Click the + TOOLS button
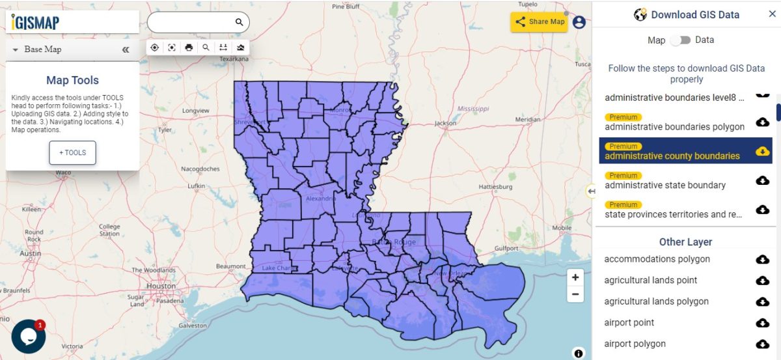click(x=72, y=153)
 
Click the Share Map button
click(x=540, y=21)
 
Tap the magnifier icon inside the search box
click(x=239, y=22)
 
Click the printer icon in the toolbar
click(x=189, y=48)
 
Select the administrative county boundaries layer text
click(x=672, y=156)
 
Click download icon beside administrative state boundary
click(x=762, y=180)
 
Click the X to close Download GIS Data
click(x=772, y=14)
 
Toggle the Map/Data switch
click(x=680, y=40)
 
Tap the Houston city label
click(x=161, y=286)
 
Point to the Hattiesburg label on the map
click(x=496, y=186)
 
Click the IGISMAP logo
click(x=36, y=23)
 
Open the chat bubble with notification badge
click(x=28, y=337)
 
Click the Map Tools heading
click(x=72, y=81)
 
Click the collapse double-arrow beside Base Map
click(x=126, y=49)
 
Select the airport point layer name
click(x=629, y=323)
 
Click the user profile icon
click(x=579, y=22)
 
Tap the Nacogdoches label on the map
click(x=200, y=169)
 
